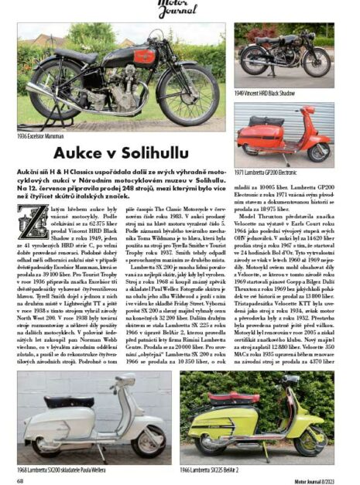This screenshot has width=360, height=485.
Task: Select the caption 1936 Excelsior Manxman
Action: point(39,135)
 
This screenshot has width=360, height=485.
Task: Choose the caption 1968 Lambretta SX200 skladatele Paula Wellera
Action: point(57,470)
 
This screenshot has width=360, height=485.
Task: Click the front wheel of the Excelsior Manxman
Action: point(187,97)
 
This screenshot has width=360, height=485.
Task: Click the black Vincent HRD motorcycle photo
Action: point(284,55)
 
